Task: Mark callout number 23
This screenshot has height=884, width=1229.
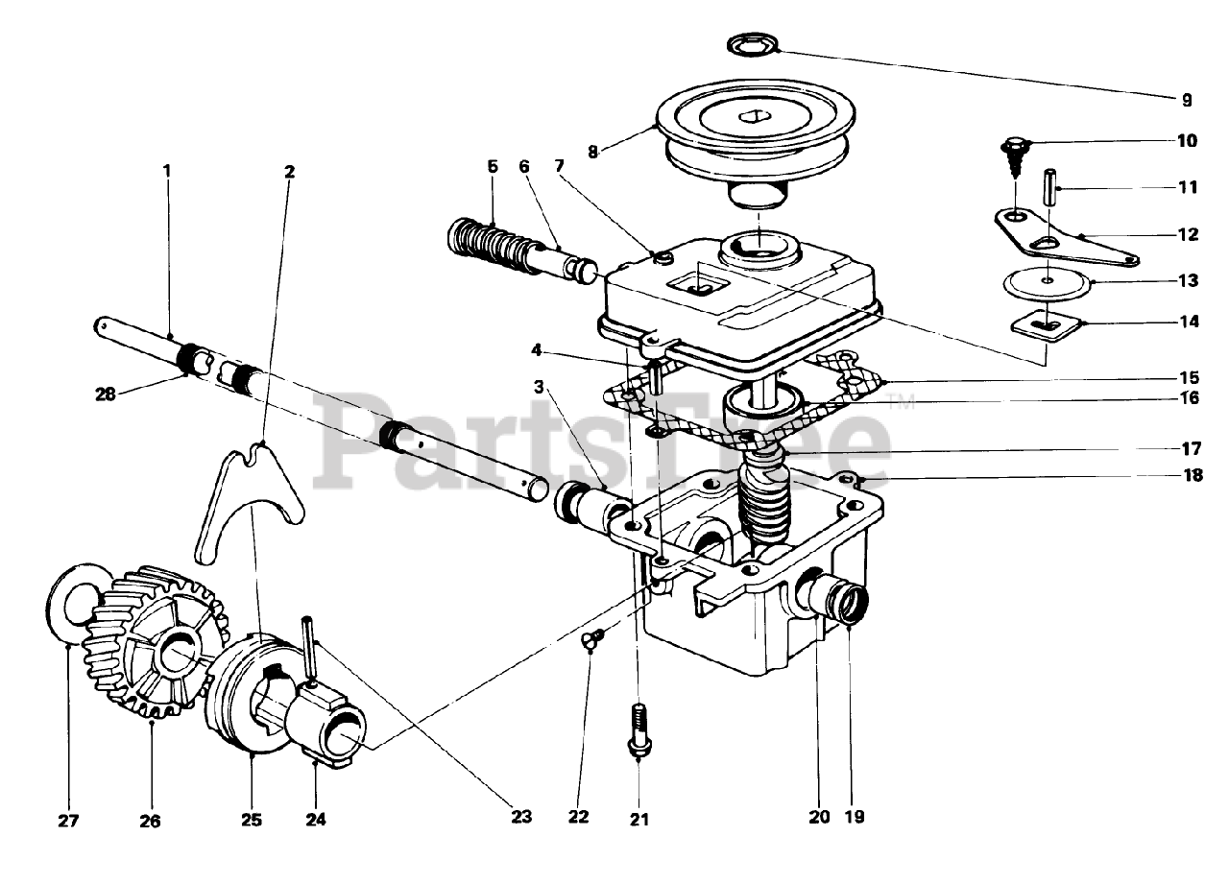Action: click(520, 818)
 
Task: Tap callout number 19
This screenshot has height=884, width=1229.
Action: click(855, 818)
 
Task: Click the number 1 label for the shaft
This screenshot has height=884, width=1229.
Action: click(166, 170)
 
